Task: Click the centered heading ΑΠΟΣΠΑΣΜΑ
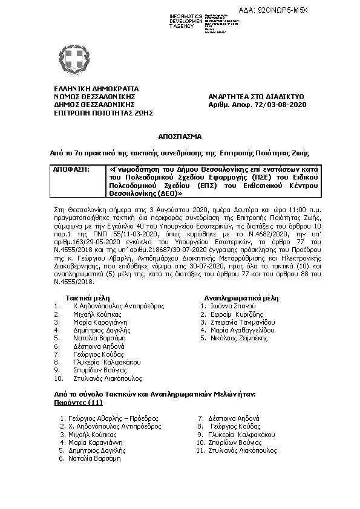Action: pos(180,137)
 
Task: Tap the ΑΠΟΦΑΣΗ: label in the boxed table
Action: pos(71,170)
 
